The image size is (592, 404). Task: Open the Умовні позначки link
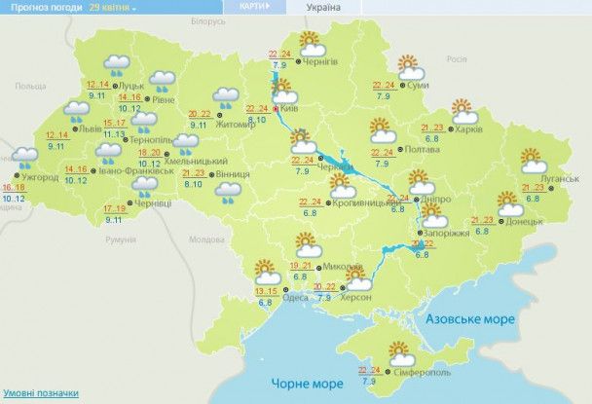click(40, 393)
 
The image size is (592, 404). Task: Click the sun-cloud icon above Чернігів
click(313, 44)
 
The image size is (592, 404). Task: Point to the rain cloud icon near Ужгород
click(23, 156)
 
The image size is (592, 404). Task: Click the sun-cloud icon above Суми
click(410, 67)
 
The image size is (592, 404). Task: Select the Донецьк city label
click(521, 222)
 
